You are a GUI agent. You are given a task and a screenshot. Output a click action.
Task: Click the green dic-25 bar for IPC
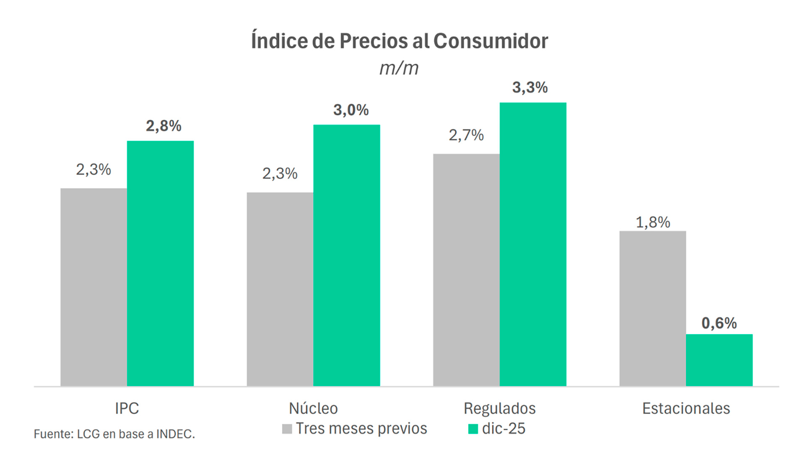[x=160, y=263]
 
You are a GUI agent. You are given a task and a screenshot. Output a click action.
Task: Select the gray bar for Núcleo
[x=280, y=289]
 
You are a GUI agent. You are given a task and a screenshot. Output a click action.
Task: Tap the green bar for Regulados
[x=532, y=244]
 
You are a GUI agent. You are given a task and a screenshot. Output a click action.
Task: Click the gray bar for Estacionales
[x=652, y=308]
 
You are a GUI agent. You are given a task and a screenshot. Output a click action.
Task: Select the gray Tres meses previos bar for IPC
[x=93, y=287]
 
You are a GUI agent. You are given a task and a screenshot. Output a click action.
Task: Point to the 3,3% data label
[x=530, y=88]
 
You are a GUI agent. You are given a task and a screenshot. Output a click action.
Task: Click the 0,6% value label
[x=719, y=323]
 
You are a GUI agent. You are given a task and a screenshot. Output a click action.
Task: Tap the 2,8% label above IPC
[x=164, y=126]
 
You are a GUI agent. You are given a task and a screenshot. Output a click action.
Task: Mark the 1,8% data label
[x=652, y=222]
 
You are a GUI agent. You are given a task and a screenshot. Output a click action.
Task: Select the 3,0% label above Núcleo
[x=351, y=110]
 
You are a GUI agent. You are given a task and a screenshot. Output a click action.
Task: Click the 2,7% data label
[x=466, y=135]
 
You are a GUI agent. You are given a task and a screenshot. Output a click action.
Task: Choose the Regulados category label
[x=499, y=408]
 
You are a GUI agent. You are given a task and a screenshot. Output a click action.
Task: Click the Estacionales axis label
[x=686, y=408]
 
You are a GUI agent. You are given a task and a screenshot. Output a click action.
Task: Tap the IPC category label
[x=127, y=408]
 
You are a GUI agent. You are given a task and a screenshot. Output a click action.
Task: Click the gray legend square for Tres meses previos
[x=287, y=429]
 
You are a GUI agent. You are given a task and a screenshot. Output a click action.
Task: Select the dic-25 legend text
[x=504, y=428]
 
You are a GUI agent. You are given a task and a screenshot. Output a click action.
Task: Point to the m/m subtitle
[x=399, y=68]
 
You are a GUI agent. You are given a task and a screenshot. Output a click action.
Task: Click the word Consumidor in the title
[x=490, y=41]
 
